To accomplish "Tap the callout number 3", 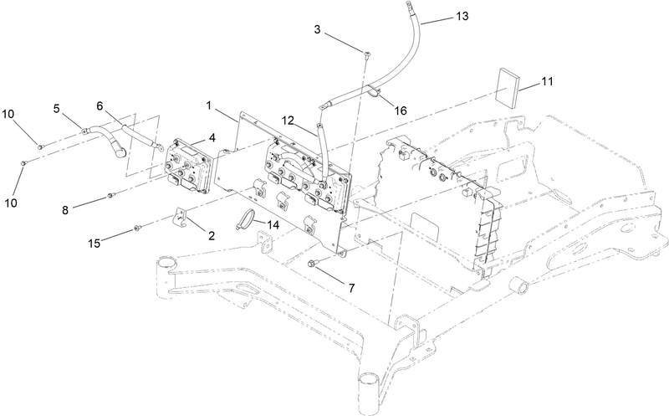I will click(318, 31).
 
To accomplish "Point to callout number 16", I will click(402, 110).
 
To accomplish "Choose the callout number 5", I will click(57, 108).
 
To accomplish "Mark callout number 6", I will click(100, 105).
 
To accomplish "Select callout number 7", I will click(351, 287).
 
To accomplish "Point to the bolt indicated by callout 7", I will click(313, 264).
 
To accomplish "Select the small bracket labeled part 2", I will click(179, 218).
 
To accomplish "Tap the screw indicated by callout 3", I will click(367, 54).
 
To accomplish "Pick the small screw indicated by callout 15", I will click(140, 226).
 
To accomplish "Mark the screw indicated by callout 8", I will click(110, 197).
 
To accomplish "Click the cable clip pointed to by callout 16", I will click(371, 93).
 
